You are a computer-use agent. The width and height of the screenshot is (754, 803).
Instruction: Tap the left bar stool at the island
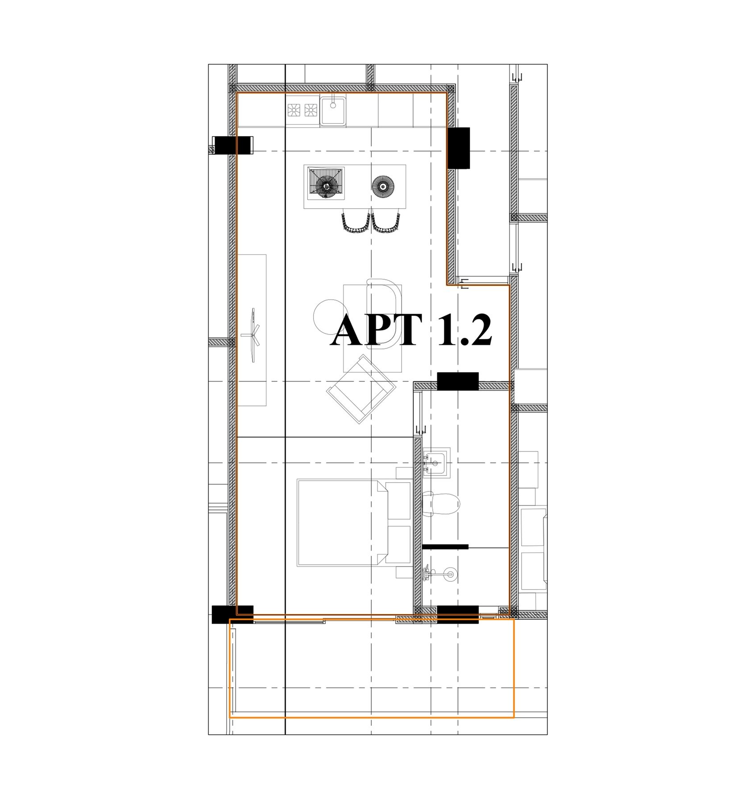pos(356,222)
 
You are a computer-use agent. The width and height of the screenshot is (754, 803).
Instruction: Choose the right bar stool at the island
pos(386,222)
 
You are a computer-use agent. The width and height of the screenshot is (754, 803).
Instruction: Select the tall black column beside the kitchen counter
pos(459,148)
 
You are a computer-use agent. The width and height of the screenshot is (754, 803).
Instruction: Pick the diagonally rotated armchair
pos(361,389)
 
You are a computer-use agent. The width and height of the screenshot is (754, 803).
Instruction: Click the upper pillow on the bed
pos(398,500)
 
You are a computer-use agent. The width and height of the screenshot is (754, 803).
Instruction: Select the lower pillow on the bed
pos(398,544)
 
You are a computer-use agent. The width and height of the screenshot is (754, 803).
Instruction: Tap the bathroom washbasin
pos(436,463)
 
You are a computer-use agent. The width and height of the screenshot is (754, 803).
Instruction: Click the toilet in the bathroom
pos(440,504)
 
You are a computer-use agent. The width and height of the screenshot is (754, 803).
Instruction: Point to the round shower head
pos(449,575)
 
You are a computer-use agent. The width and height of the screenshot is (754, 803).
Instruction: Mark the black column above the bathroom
pos(458,381)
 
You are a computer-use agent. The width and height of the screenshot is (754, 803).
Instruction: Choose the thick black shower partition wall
pos(445,546)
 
